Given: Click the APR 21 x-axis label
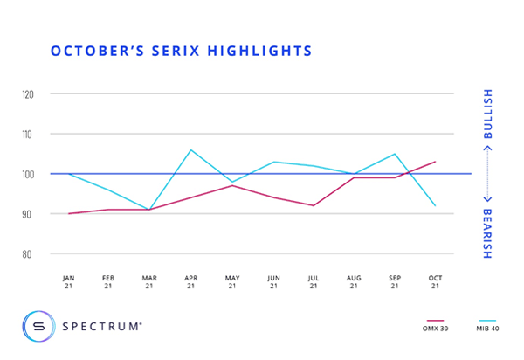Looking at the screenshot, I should tap(190, 281).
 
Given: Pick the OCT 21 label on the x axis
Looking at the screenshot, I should tap(435, 281).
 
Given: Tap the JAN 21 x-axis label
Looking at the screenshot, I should tap(68, 281).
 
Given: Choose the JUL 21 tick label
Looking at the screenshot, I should tap(313, 281).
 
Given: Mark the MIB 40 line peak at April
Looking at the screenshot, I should tap(190, 149).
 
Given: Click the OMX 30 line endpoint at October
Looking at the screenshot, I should tap(435, 162).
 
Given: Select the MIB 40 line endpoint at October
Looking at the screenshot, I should tap(435, 205).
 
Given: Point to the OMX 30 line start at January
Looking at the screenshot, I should tap(68, 213).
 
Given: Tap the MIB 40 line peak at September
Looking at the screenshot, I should tap(395, 154).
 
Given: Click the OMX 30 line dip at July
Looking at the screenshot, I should tap(313, 205).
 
